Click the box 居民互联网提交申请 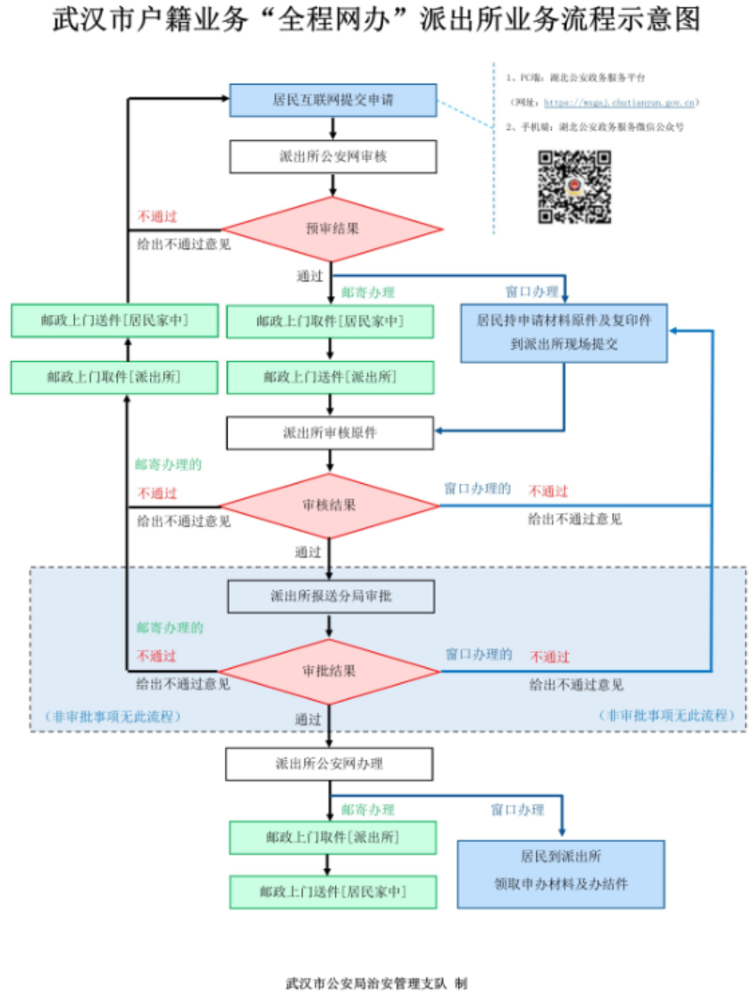point(332,100)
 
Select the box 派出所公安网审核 point(332,156)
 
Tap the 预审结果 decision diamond point(332,229)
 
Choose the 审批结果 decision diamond point(330,671)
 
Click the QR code point(574,187)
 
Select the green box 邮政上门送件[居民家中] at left point(114,321)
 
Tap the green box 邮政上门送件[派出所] point(330,377)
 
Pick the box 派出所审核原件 point(330,433)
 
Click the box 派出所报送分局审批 point(330,597)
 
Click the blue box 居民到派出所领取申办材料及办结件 point(561,873)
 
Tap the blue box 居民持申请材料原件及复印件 point(564,331)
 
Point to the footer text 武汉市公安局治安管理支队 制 point(376,983)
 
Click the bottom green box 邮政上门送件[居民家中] point(333,892)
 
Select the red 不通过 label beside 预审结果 point(157,216)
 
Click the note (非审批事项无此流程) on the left point(113,716)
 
